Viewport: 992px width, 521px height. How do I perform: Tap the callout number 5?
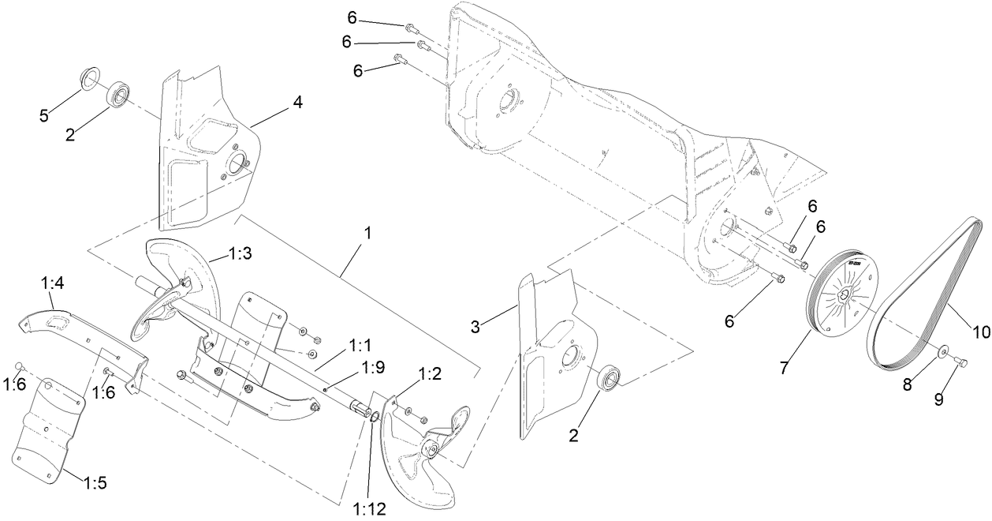coord(44,116)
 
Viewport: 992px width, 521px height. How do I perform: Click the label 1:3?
coord(241,253)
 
